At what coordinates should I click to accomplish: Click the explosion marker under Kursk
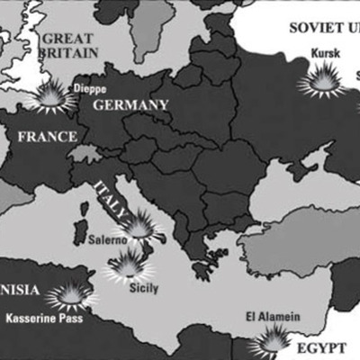point(323,82)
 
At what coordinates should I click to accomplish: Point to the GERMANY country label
point(130,105)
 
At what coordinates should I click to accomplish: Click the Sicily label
point(142,288)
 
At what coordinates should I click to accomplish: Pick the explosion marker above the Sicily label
point(129,265)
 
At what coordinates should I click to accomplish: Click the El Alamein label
point(273,316)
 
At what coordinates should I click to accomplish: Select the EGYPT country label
point(322,346)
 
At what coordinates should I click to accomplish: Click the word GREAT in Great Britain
point(68,39)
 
